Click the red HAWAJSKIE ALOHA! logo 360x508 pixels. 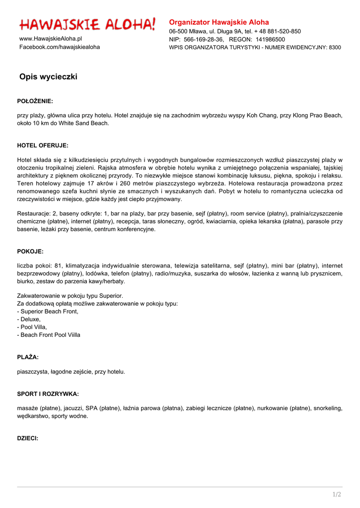coord(87,24)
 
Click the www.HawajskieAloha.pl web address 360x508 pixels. coord(51,39)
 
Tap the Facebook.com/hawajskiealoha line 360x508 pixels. coord(60,47)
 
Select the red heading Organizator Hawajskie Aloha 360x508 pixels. coord(219,22)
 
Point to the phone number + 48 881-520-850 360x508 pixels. coord(278,31)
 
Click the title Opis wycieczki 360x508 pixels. coord(48,77)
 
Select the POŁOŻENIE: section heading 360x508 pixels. coord(35,101)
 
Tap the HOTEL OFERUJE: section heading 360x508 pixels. coord(43,146)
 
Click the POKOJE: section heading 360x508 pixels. coord(30,252)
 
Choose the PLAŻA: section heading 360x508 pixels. coord(28,357)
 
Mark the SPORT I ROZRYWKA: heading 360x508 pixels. coord(48,394)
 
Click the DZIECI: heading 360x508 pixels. coord(28,439)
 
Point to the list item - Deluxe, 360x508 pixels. coord(29,319)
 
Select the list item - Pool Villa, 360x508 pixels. coord(32,327)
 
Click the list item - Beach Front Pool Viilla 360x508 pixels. coord(49,335)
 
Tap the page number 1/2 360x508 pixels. coord(337,494)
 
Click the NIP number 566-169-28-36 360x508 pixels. coord(204,39)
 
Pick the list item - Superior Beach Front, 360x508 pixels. coord(48,312)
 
